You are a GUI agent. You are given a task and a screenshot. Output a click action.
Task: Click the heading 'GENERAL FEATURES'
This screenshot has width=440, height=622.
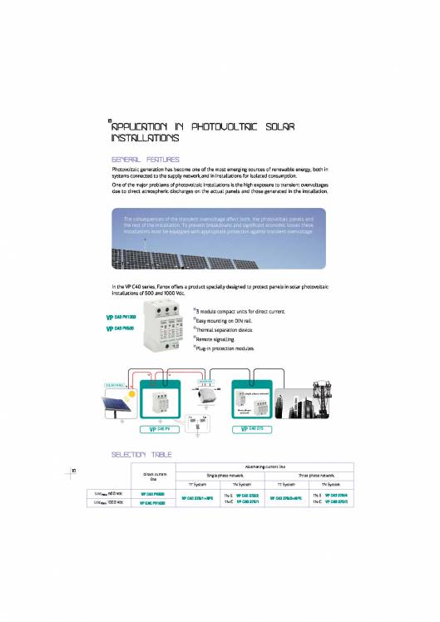pos(146,158)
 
